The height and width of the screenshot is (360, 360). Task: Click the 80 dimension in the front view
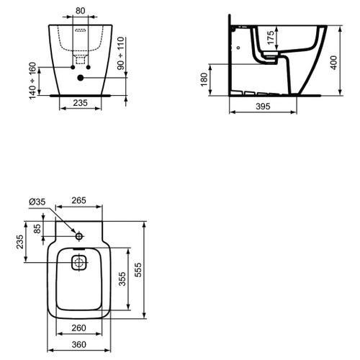80,11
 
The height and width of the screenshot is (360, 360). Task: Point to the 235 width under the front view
81,104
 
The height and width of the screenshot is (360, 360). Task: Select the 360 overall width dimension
80,345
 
